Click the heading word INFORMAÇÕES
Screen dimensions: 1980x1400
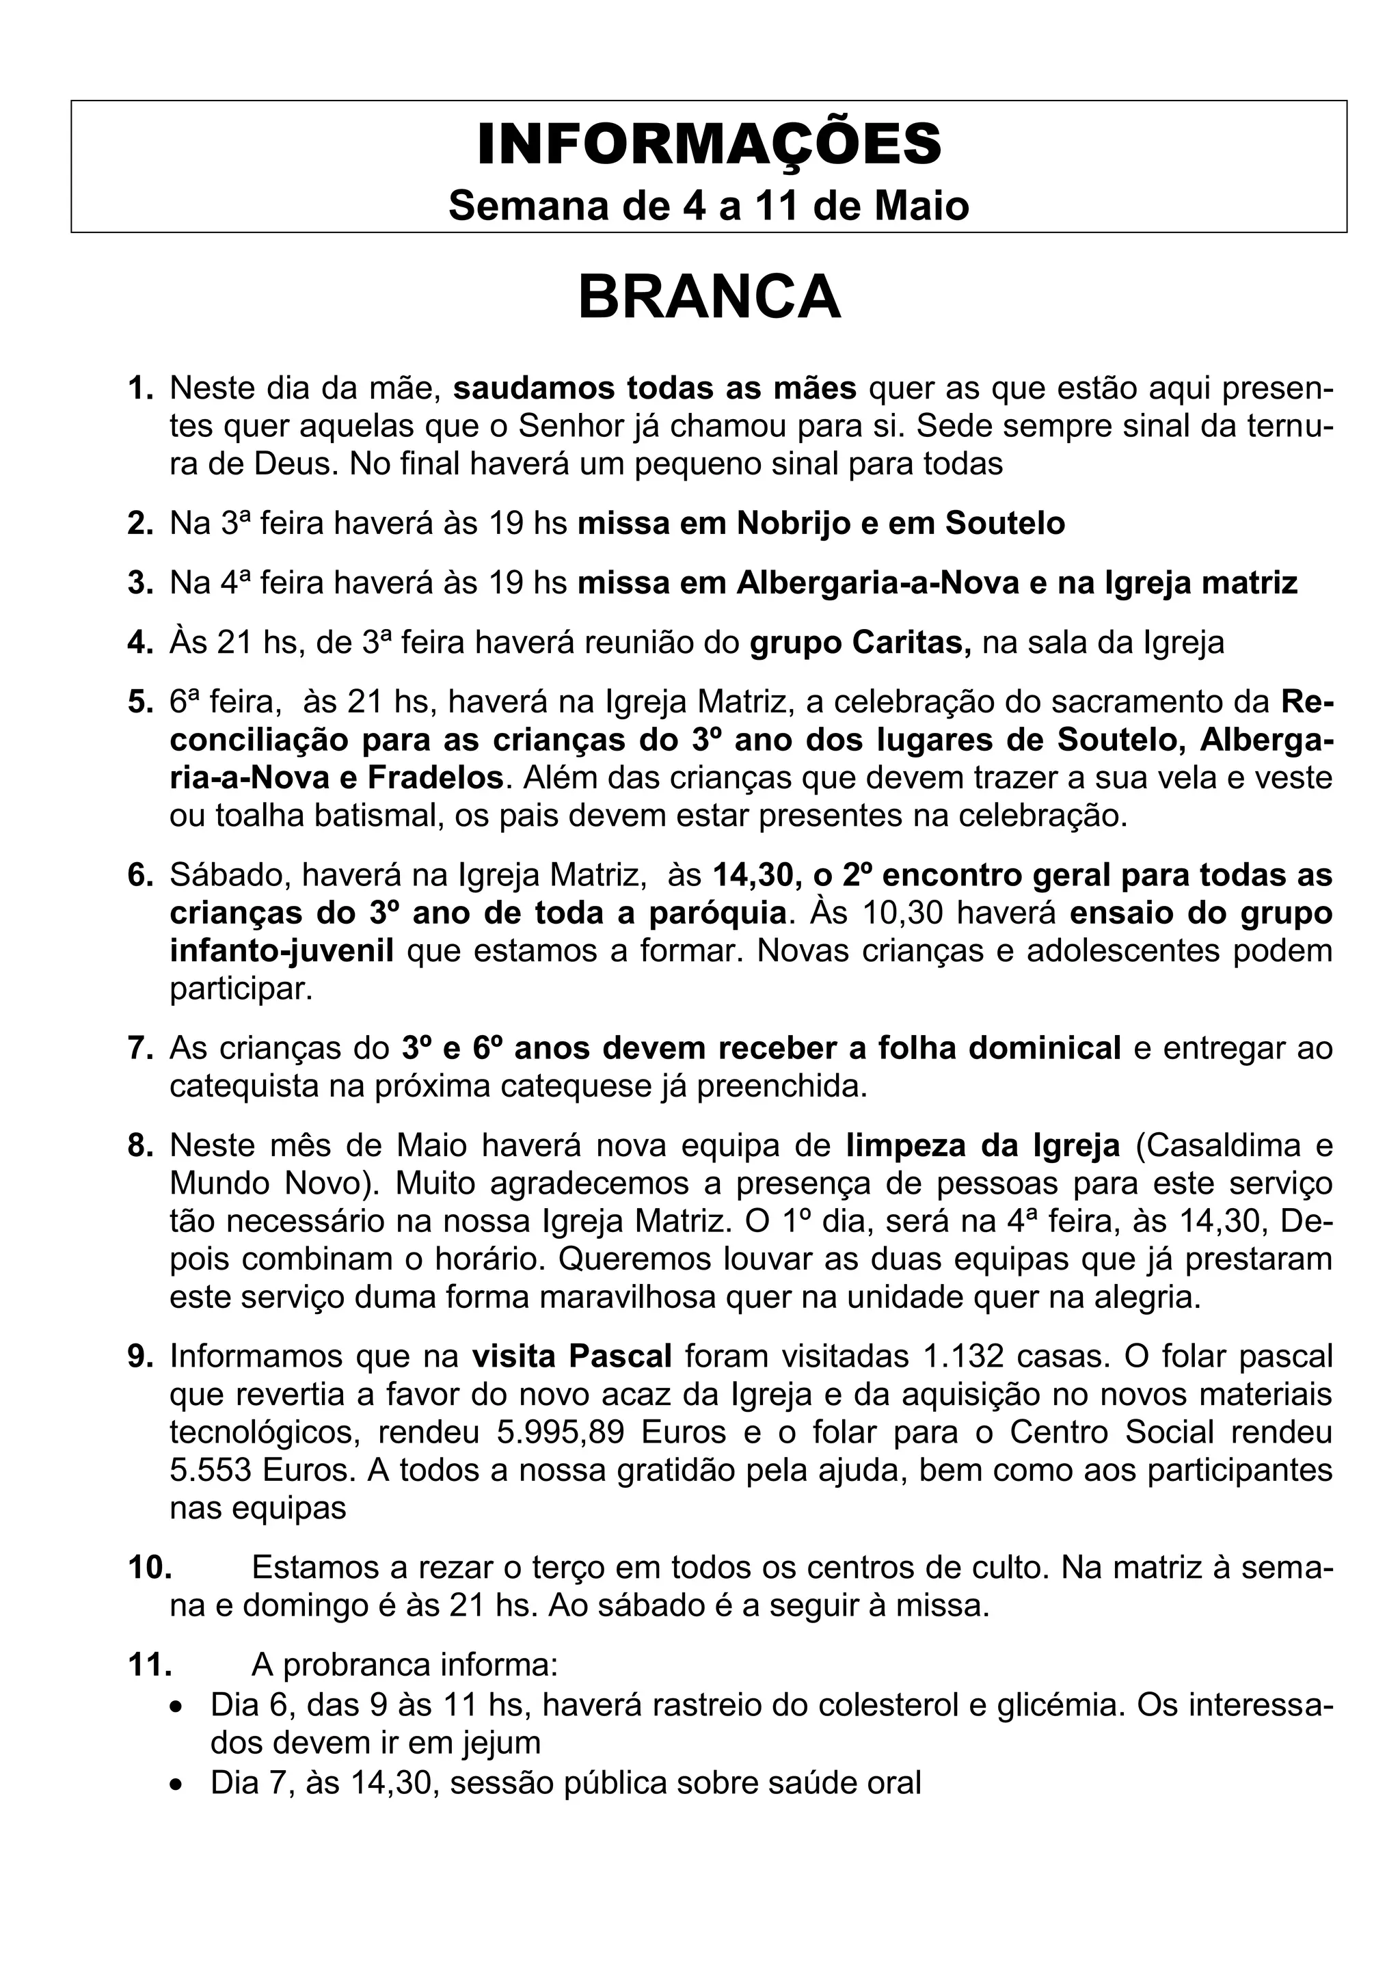pyautogui.click(x=709, y=145)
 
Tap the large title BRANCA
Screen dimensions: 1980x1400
pyautogui.click(x=709, y=297)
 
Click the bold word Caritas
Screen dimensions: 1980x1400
pyautogui.click(x=911, y=643)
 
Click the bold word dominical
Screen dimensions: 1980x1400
pyautogui.click(x=1045, y=1049)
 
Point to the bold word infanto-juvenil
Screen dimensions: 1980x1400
pyautogui.click(x=282, y=951)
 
